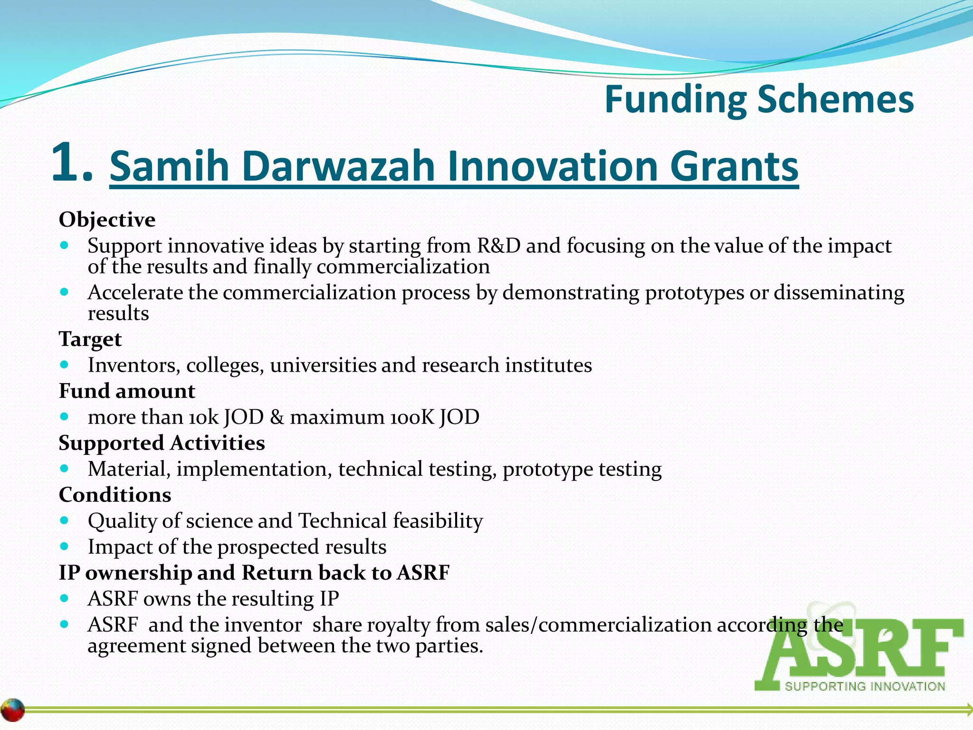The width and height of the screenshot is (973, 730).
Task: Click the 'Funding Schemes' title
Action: click(x=759, y=99)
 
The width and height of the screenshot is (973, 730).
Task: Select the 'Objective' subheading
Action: click(x=107, y=220)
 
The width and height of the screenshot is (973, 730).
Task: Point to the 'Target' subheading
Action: click(x=90, y=339)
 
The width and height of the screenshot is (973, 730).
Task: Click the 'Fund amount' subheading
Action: click(x=127, y=391)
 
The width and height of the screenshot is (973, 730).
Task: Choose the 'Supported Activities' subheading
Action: click(x=162, y=443)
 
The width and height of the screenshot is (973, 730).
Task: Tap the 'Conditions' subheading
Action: click(x=115, y=495)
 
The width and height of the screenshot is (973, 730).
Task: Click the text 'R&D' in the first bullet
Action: click(x=498, y=246)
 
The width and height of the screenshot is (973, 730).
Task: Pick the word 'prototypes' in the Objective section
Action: click(x=694, y=292)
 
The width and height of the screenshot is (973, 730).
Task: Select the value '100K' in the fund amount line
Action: click(x=412, y=417)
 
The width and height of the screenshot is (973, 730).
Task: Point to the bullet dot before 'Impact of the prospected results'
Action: click(x=65, y=547)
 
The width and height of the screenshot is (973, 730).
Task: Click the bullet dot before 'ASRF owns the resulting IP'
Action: click(x=65, y=598)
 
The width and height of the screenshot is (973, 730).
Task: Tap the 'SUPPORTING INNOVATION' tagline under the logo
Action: click(x=865, y=686)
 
